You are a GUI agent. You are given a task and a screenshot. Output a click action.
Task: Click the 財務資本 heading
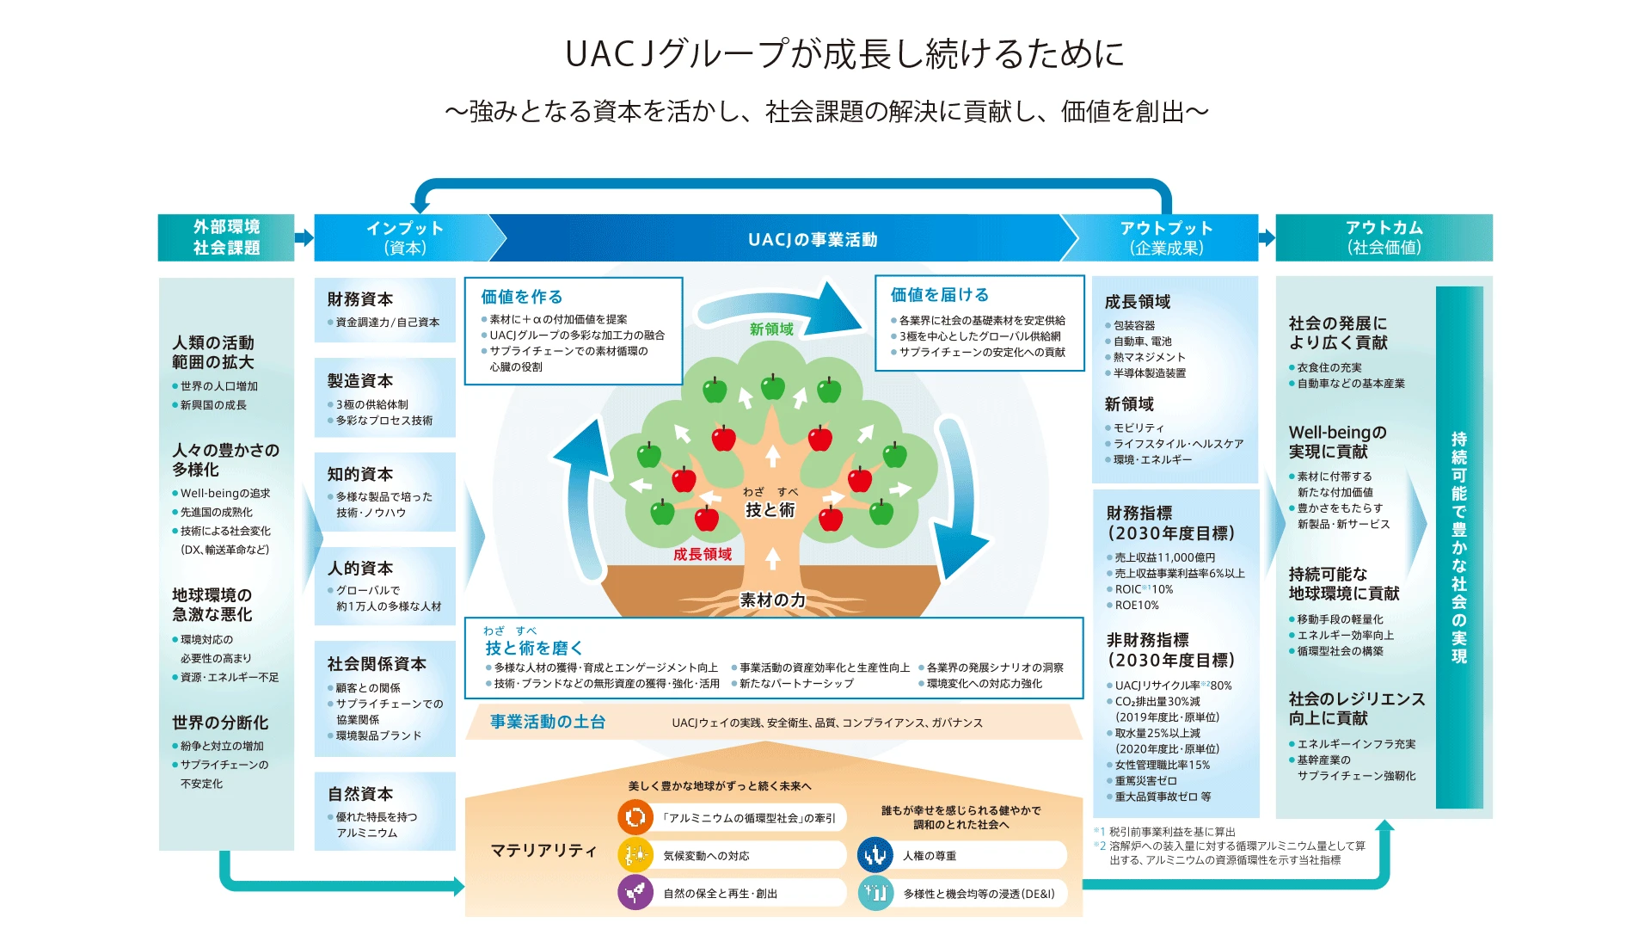(x=359, y=299)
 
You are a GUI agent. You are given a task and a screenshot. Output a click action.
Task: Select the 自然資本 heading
(x=359, y=794)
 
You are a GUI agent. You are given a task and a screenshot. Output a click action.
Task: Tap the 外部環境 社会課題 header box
(x=226, y=237)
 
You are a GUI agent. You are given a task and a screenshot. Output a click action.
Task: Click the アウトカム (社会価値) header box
(x=1384, y=237)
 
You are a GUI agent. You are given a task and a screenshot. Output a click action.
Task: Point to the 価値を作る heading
(x=522, y=297)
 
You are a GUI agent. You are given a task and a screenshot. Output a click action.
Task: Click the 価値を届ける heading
(x=940, y=295)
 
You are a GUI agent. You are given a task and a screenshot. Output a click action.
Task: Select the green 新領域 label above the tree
(x=771, y=329)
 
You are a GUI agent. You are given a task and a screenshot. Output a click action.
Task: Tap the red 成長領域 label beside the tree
(x=703, y=555)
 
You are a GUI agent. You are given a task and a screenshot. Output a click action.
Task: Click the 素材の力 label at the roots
(x=773, y=600)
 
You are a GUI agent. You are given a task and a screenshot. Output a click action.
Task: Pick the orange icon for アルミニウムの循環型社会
(x=635, y=817)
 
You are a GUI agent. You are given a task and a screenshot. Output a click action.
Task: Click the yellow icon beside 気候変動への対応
(x=635, y=855)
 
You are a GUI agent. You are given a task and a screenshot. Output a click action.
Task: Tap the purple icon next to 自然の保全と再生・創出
(x=635, y=893)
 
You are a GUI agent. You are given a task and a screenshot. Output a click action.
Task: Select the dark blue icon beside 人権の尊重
(x=875, y=855)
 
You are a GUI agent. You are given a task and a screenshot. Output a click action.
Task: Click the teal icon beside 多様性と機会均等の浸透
(x=875, y=893)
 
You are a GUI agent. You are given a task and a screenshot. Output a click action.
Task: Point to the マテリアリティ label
(x=543, y=851)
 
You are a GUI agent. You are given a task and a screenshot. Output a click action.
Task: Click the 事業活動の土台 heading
(x=548, y=722)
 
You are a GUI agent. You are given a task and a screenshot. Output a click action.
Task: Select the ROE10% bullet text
(x=1137, y=606)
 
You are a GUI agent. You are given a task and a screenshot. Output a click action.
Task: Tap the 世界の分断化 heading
(x=220, y=723)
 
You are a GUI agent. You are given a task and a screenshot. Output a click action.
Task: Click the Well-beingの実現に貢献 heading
(x=1337, y=441)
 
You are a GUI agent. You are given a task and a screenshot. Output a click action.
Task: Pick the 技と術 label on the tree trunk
(x=770, y=510)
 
